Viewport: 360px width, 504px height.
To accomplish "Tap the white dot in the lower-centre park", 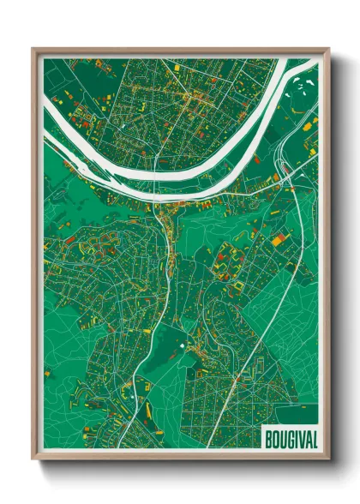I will pos(182,345).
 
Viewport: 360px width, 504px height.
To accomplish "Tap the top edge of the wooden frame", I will pos(180,51).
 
